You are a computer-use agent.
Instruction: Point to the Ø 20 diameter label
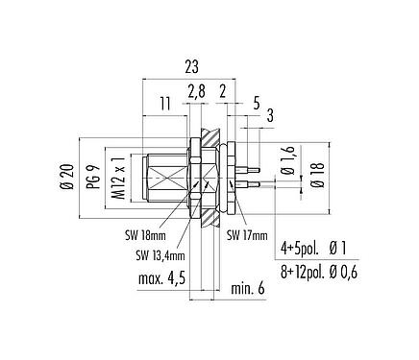point(64,178)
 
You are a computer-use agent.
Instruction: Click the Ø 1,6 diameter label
point(285,161)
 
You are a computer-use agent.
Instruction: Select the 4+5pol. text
point(298,249)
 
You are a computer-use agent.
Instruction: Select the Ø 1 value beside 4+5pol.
point(341,249)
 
